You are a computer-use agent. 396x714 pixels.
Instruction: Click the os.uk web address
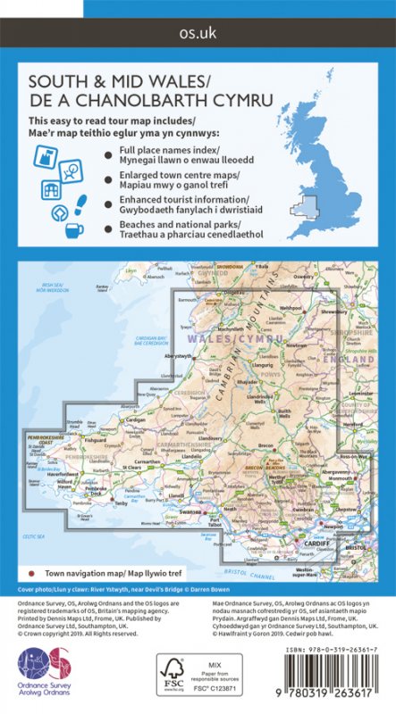point(198,35)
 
